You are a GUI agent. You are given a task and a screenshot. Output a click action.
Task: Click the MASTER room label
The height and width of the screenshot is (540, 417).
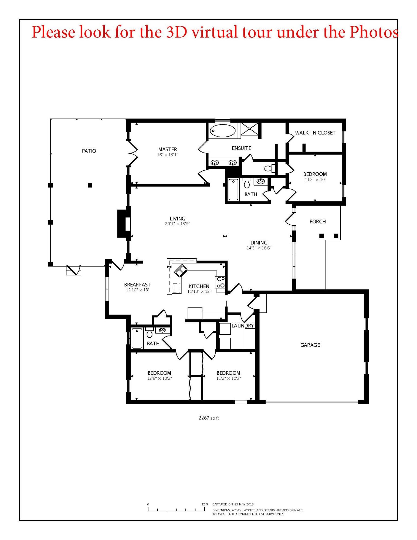(168, 149)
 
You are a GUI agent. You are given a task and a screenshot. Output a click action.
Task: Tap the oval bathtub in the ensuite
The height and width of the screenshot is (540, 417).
(223, 131)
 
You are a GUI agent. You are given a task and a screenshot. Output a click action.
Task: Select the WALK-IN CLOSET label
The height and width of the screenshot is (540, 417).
(315, 133)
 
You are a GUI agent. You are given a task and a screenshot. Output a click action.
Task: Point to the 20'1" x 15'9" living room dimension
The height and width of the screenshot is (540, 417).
(177, 224)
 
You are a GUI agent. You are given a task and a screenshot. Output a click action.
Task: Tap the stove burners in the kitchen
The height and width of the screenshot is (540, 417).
(221, 282)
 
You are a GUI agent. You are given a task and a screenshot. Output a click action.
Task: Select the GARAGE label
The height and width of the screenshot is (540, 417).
(310, 345)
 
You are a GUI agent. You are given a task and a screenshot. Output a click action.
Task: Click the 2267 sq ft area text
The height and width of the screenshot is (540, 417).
(208, 418)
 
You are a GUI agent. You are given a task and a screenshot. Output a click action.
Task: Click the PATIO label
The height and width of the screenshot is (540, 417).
(89, 151)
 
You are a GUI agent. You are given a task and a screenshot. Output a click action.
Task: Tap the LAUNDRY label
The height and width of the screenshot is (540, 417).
(242, 326)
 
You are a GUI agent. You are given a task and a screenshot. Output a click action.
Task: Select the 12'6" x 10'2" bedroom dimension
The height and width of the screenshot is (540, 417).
(159, 378)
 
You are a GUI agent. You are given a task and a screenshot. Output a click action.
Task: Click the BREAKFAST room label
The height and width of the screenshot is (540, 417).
(137, 285)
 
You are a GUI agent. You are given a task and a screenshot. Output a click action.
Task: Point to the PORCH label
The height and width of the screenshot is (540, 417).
(317, 221)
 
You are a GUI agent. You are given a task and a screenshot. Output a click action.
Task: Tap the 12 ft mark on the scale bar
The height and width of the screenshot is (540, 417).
(205, 504)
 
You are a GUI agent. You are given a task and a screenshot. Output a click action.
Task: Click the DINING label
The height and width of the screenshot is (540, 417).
(259, 243)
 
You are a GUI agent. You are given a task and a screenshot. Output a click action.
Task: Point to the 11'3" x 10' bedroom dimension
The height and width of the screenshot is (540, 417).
(315, 180)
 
